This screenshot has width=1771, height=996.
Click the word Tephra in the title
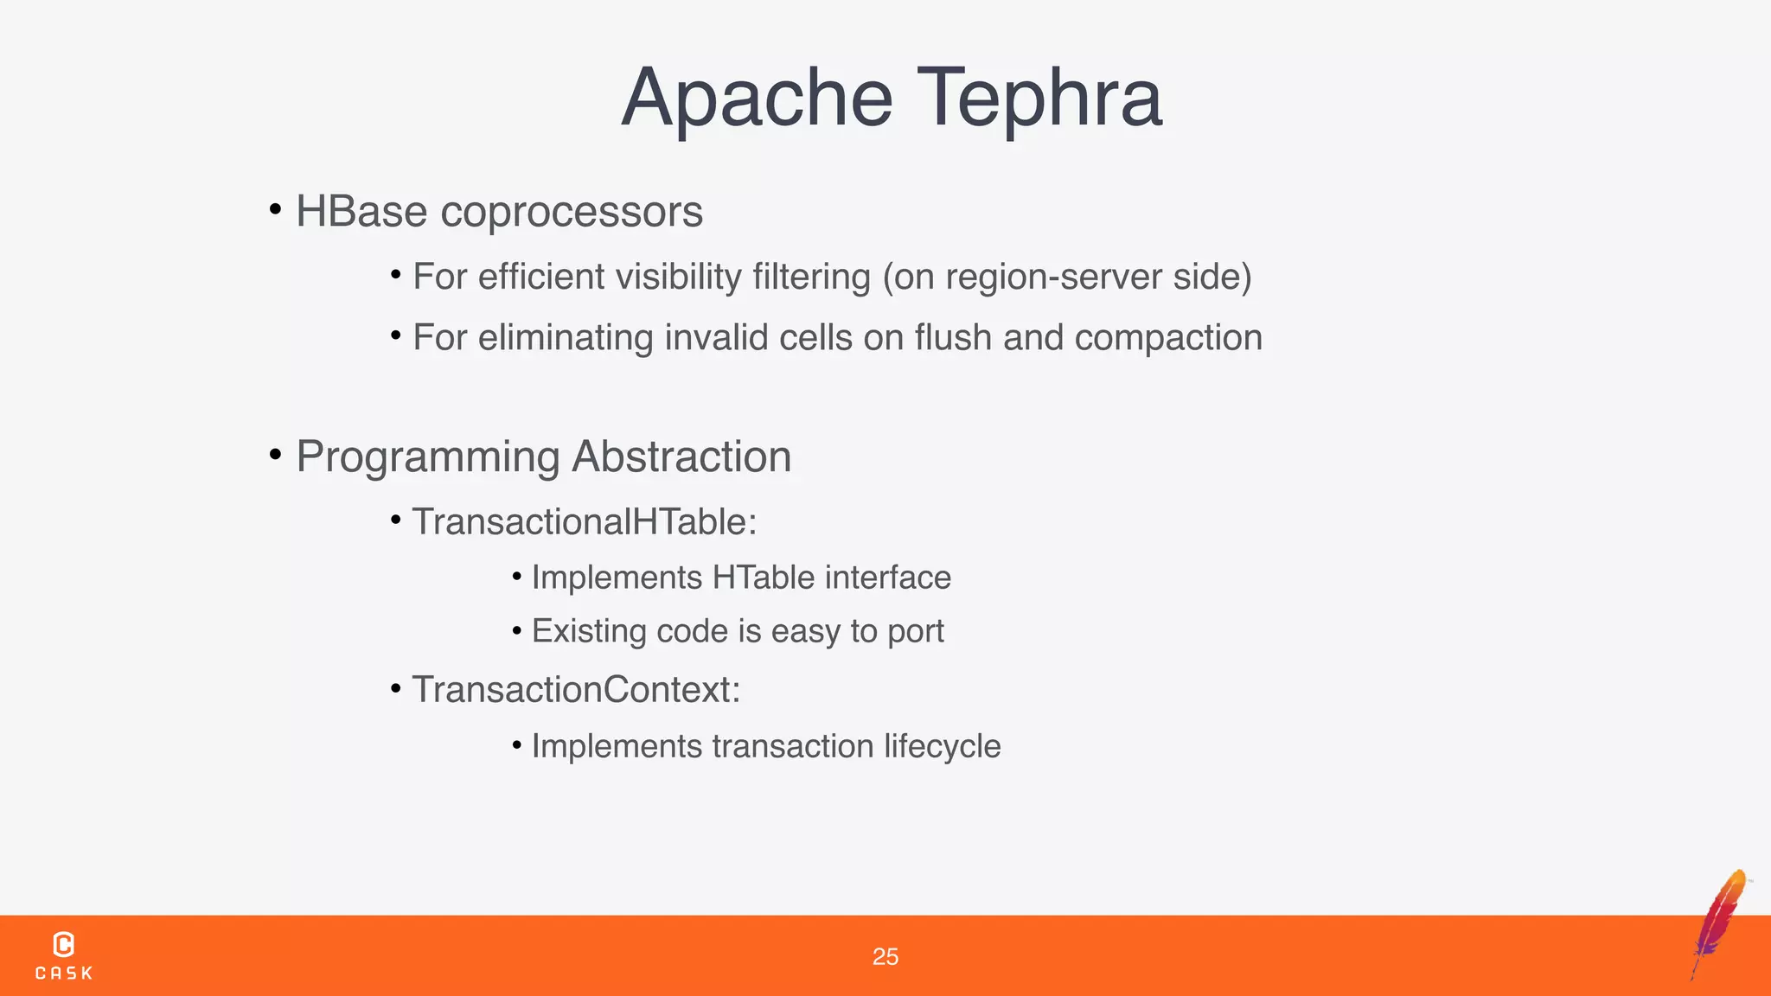coord(1039,98)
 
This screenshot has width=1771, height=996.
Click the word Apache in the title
coord(758,98)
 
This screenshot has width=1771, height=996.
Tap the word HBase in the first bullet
coord(361,212)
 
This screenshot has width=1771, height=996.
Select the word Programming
coord(428,457)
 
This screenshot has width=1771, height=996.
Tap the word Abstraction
coord(681,456)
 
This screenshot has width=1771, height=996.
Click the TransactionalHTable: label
coord(585,522)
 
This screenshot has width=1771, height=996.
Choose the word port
coord(916,632)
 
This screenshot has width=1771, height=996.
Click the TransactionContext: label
coord(576,690)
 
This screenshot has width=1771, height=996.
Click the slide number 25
coord(885,956)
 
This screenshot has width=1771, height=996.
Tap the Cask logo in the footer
coord(64,955)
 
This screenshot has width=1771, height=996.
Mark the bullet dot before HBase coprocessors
coord(275,209)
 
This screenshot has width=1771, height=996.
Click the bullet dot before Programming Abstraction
coord(275,454)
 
